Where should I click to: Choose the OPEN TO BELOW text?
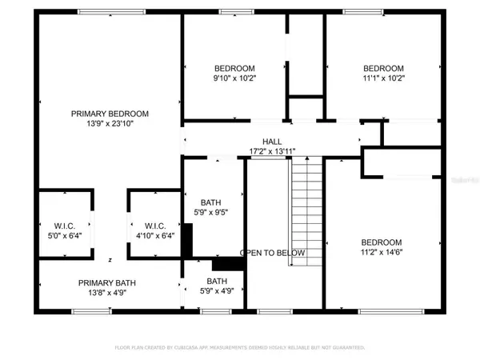273,253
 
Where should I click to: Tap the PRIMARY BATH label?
110,282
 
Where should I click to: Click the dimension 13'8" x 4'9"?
110,293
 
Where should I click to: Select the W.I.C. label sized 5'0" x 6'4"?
66,225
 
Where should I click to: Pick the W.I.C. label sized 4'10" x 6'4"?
154,225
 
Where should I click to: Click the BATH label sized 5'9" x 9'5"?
211,202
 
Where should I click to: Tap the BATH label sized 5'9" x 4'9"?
217,281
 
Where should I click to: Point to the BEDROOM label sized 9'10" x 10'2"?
234,68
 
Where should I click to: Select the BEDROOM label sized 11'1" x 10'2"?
383,68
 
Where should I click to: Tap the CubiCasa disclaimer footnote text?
240,348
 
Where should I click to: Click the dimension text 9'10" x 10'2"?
234,78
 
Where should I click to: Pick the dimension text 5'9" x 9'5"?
211,213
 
